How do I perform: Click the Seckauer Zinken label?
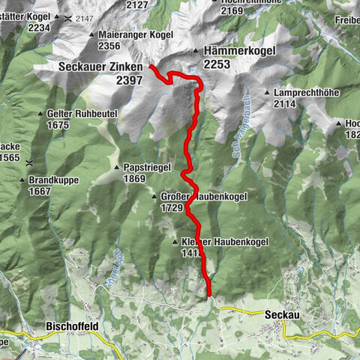[100, 67]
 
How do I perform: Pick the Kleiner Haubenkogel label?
[214, 242]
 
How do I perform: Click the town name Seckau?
[282, 316]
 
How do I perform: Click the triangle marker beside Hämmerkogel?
[196, 50]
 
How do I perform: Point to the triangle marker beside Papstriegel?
[117, 167]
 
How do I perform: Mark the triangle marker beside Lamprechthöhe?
[266, 92]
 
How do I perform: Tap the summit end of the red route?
[151, 67]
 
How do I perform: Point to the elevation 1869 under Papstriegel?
[134, 178]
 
